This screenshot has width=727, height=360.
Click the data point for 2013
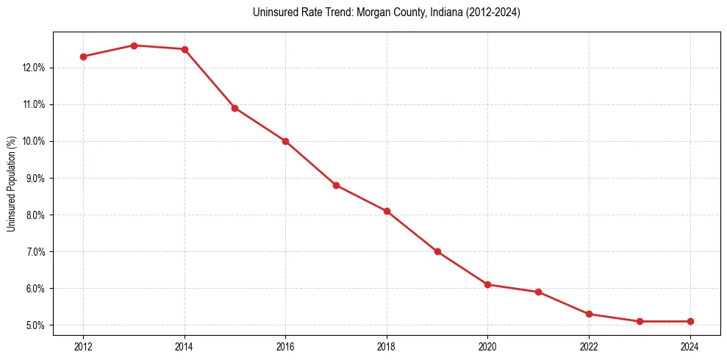pyautogui.click(x=134, y=46)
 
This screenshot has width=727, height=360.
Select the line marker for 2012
pyautogui.click(x=83, y=57)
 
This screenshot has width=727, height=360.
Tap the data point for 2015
pyautogui.click(x=235, y=108)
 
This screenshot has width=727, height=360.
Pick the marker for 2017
pyautogui.click(x=336, y=185)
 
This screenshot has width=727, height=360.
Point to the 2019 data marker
pyautogui.click(x=437, y=251)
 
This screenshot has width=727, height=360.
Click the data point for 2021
pyautogui.click(x=539, y=292)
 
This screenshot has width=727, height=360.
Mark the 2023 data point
pyautogui.click(x=640, y=321)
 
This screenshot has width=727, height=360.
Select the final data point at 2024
pyautogui.click(x=690, y=321)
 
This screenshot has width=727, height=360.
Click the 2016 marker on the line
pyautogui.click(x=285, y=141)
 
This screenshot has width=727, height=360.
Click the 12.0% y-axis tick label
pyautogui.click(x=33, y=68)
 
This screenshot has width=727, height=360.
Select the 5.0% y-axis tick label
pyautogui.click(x=35, y=325)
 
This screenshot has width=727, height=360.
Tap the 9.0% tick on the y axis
pyautogui.click(x=35, y=178)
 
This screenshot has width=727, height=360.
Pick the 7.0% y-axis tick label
pyautogui.click(x=35, y=252)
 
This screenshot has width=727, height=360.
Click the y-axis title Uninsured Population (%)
pyautogui.click(x=11, y=184)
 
